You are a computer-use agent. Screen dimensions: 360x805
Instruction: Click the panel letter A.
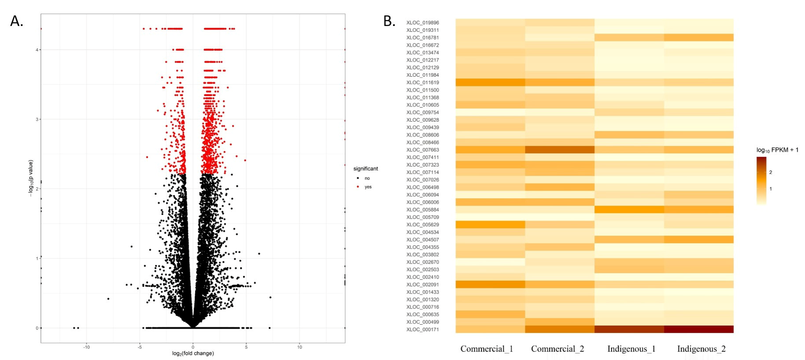[x=16, y=21]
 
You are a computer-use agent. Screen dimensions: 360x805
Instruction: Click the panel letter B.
[x=389, y=21]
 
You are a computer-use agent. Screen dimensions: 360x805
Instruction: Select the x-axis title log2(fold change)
[x=193, y=353]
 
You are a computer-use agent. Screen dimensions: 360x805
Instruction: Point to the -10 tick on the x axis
[x=86, y=347]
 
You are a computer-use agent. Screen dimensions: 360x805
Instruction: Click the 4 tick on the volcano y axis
[x=37, y=50]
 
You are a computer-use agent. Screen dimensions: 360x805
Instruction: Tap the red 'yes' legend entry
[x=368, y=187]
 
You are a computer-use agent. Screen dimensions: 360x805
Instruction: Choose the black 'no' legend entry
[x=367, y=178]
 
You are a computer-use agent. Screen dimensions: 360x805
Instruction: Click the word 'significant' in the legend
[x=366, y=169]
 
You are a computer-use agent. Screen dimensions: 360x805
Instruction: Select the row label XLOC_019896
[x=422, y=22]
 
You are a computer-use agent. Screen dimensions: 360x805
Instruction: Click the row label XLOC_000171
[x=422, y=330]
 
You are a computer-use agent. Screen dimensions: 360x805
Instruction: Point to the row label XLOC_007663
[x=422, y=150]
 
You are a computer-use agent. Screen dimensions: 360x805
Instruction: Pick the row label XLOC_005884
[x=422, y=210]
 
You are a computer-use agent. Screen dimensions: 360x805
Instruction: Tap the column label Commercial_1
[x=487, y=349]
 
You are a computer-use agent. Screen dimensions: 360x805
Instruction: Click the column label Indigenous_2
[x=701, y=349]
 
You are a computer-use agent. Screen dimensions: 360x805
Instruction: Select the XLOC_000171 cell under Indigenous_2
[x=699, y=329]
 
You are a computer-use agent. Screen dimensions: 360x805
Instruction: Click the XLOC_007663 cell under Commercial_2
[x=560, y=150]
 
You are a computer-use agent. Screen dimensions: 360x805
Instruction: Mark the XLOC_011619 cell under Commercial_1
[x=490, y=82]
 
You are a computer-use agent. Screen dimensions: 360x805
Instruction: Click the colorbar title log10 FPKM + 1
[x=777, y=150]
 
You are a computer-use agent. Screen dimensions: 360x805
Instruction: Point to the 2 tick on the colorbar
[x=771, y=172]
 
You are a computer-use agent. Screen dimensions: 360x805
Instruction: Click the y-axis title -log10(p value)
[x=31, y=178]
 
